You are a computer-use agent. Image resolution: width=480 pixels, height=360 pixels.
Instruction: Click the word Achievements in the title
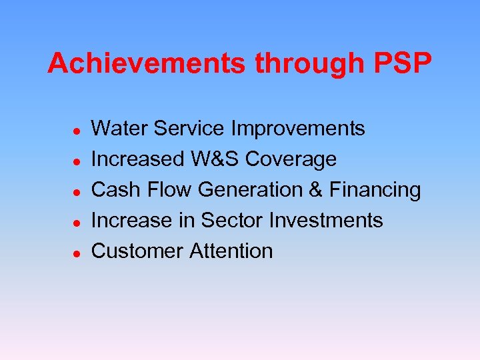pos(147,64)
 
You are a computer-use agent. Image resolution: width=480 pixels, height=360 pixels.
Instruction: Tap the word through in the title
pos(307,64)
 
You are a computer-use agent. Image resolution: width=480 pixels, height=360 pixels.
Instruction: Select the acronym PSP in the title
pos(399,64)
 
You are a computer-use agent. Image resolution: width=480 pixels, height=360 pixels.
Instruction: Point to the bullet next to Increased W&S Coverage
pos(77,161)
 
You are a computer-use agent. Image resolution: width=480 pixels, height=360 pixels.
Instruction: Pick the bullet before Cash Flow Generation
pos(77,191)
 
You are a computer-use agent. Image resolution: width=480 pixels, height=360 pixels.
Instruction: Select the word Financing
pos(374,189)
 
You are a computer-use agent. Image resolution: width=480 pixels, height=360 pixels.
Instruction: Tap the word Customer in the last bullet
pos(137,251)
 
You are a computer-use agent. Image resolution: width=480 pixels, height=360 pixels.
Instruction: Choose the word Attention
pos(231,251)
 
